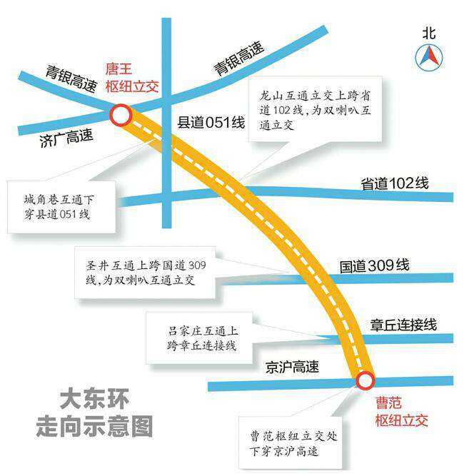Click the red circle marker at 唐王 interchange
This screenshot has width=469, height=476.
[x=120, y=115]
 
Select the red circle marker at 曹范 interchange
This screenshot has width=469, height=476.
[x=365, y=380]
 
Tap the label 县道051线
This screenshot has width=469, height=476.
[x=211, y=122]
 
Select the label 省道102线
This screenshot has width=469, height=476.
[x=395, y=183]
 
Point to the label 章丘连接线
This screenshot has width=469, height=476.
[x=403, y=324]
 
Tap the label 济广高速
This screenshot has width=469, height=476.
[x=66, y=138]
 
